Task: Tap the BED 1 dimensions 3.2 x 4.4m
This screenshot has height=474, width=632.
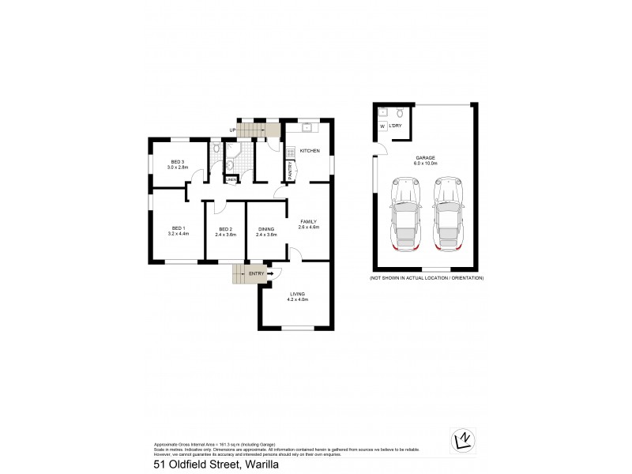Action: [178, 235]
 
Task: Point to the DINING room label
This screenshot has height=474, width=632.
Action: [266, 228]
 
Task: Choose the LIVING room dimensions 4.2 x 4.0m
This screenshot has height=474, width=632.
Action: [297, 300]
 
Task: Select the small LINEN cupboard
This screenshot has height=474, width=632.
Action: [231, 179]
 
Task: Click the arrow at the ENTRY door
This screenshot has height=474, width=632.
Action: [271, 274]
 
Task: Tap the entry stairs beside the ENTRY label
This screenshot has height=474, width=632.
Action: [240, 274]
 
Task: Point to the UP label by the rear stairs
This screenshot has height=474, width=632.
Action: [232, 130]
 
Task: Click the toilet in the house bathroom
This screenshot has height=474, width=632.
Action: [216, 149]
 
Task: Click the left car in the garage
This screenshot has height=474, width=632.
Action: [406, 216]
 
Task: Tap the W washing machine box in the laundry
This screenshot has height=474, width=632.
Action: [382, 126]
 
